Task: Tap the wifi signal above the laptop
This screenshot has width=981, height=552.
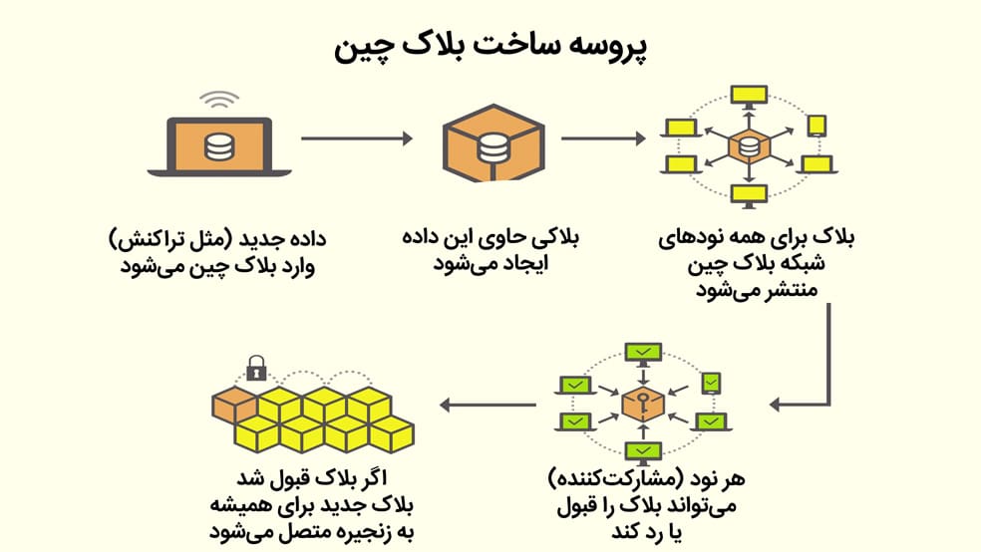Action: tap(218, 100)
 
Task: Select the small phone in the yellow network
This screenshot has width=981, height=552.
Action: tap(816, 127)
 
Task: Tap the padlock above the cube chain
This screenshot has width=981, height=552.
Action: tap(256, 370)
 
